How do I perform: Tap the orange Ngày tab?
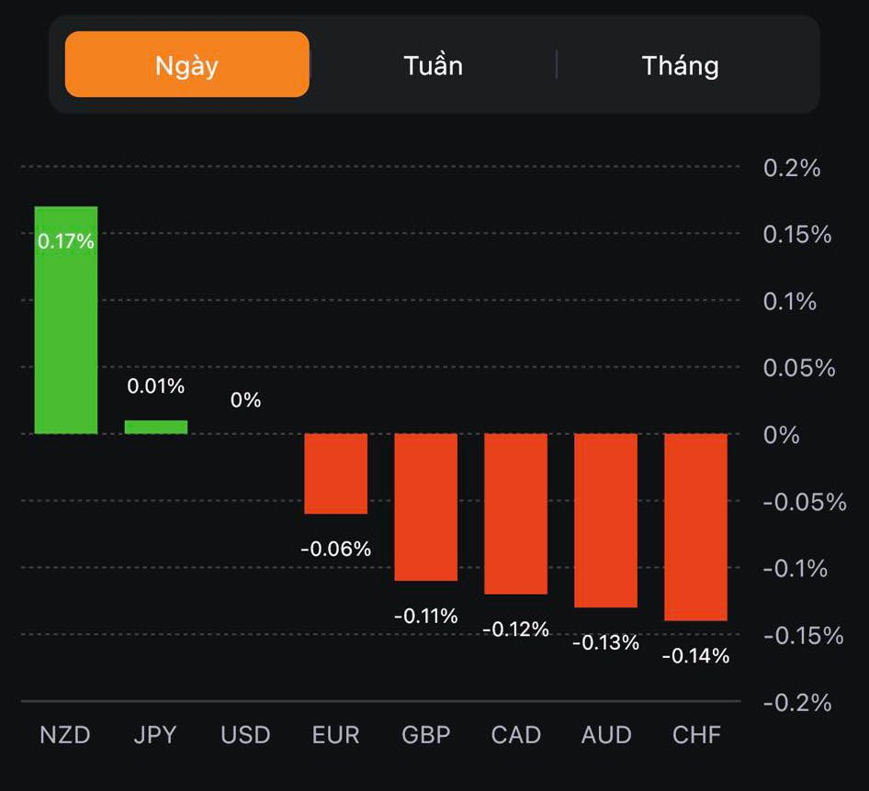(186, 65)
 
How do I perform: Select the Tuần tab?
(433, 65)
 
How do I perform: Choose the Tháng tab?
(680, 65)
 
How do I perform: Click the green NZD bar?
(66, 321)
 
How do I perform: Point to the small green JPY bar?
(156, 427)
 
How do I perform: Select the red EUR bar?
(336, 473)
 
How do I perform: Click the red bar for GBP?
(426, 507)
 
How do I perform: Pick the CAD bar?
(516, 513)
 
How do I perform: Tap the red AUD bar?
(606, 520)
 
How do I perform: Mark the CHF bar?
(695, 527)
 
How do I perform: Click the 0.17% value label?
(66, 241)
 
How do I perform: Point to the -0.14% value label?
(695, 656)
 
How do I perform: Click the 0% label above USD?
(246, 400)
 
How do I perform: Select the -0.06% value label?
(336, 549)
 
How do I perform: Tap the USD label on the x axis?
(246, 735)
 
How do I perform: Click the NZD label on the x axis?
(65, 735)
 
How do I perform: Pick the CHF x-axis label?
(696, 735)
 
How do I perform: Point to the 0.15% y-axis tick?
(796, 235)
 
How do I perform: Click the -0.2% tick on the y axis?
(796, 703)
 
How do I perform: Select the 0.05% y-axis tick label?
(798, 368)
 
